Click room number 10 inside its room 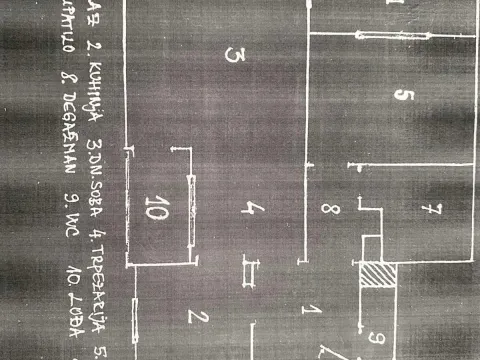click(157, 210)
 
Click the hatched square click(379, 276)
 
